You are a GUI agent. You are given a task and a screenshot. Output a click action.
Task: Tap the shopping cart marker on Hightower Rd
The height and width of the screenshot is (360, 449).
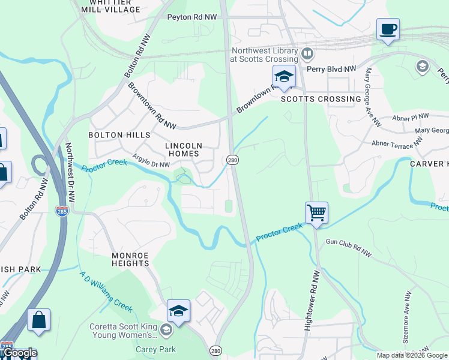[316, 213]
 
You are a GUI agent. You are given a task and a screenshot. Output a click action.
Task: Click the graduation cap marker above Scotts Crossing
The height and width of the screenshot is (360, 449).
[284, 77]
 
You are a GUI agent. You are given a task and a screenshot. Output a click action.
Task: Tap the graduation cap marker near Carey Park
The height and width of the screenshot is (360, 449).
[178, 311]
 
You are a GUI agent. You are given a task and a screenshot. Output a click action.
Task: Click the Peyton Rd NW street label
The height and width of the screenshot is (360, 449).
[191, 18]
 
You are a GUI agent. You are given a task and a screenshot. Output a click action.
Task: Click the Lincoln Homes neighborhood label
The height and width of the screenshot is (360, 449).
[184, 149]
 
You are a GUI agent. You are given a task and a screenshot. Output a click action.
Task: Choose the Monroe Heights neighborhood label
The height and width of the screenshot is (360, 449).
[130, 259]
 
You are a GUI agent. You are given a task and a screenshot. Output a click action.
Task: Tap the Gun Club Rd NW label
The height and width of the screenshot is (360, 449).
[348, 248]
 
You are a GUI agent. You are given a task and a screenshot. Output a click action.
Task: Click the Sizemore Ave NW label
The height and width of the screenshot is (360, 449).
[407, 312]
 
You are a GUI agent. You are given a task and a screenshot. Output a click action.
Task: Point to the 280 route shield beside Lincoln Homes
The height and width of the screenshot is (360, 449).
[232, 160]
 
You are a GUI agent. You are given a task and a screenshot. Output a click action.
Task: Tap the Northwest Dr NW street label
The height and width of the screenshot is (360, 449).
[70, 172]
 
